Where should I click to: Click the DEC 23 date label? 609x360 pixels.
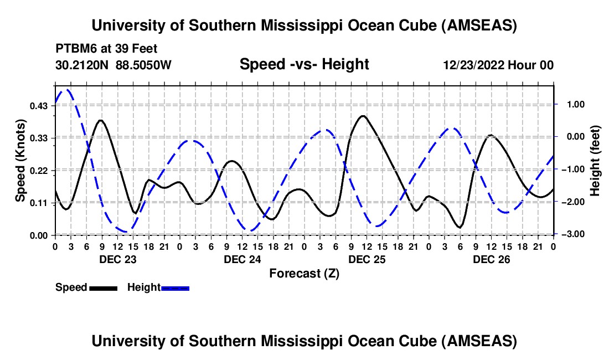[117, 259]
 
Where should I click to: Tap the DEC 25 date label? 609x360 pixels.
[367, 259]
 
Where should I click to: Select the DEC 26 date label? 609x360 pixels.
[491, 259]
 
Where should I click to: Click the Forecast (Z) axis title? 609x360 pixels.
[304, 273]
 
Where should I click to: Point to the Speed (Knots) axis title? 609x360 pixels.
[20, 161]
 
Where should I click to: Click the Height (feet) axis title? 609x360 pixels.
[595, 161]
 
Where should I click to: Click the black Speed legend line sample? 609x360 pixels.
[103, 288]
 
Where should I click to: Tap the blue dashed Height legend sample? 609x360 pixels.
[176, 288]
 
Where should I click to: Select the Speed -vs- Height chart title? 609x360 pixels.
[304, 65]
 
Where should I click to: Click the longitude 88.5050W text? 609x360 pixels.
[144, 65]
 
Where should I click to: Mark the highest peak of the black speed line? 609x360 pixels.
[363, 116]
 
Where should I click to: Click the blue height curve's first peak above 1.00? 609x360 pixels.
[68, 90]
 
